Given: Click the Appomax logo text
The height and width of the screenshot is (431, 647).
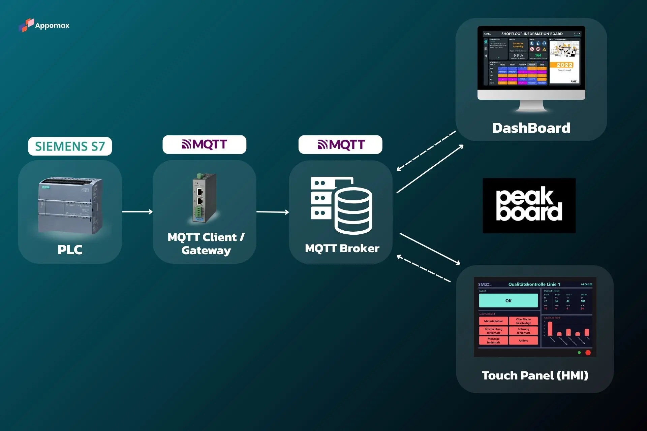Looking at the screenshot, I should [52, 26].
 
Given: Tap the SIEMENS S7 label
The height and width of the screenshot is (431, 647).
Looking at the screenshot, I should [70, 146].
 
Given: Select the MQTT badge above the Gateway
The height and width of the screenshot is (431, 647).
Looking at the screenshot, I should [204, 144].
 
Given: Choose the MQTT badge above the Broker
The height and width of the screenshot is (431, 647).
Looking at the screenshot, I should [340, 145].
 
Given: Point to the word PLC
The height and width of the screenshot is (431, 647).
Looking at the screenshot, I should [70, 250].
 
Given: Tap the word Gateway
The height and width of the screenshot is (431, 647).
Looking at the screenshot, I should [206, 251].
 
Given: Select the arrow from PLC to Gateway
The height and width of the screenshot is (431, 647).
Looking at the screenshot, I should [137, 212].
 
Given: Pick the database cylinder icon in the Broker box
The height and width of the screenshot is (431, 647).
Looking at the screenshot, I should [353, 211].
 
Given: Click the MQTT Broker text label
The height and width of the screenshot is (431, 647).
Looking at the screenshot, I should [342, 248].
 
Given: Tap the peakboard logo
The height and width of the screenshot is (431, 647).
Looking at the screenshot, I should [529, 205].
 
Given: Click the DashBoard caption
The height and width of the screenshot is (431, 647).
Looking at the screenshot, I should [531, 128].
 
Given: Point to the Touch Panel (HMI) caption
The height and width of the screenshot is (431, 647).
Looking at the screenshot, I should [535, 375].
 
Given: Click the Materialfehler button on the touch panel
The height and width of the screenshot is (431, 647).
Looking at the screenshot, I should [493, 321].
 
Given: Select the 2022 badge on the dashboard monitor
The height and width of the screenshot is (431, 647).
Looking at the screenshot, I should [564, 65].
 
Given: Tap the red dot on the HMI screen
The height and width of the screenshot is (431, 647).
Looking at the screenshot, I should [588, 353].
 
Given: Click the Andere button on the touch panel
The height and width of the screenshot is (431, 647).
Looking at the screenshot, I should [523, 341].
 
